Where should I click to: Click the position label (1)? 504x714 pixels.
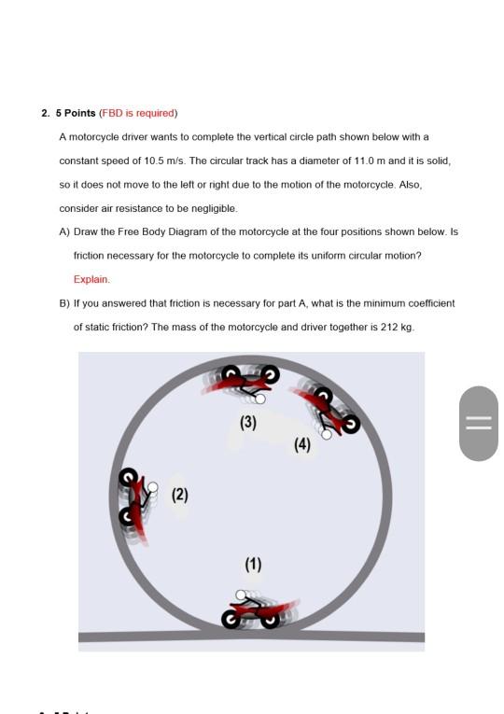point(253,565)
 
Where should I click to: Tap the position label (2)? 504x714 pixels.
point(180,495)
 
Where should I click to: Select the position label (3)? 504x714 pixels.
point(248,423)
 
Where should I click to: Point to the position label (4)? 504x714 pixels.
point(302,444)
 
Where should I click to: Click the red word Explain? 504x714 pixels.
point(91,280)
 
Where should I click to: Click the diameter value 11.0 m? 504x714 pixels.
point(370,161)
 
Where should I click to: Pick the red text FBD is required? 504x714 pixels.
point(138,113)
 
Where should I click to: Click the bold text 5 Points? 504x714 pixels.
point(76,113)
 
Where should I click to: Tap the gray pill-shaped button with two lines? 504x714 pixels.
point(479,424)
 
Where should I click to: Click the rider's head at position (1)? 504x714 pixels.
point(241,595)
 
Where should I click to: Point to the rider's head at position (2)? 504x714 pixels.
point(153,488)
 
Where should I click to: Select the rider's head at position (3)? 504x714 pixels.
point(260,399)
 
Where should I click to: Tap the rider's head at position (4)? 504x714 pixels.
point(327,434)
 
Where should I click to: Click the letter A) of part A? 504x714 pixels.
point(64,232)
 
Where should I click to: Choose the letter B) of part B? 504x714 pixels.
point(64,303)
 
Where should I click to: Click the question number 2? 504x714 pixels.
point(45,113)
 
